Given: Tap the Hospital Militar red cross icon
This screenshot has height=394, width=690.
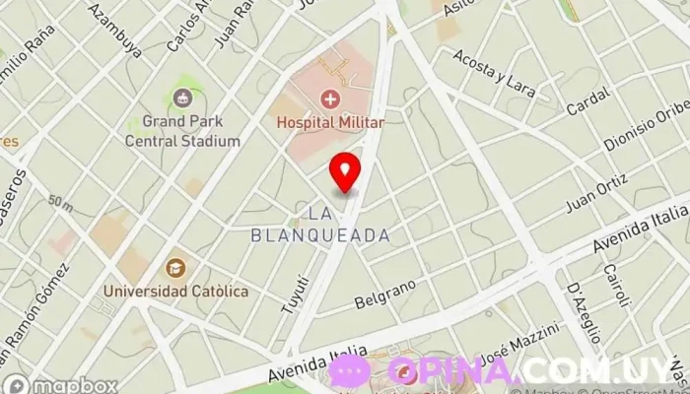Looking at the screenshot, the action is tap(329, 98).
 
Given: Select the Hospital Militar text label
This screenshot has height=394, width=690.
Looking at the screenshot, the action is tap(329, 122).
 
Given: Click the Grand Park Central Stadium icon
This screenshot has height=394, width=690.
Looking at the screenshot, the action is tap(182, 98).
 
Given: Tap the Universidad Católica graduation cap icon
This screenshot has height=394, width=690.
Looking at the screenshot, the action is tap(175, 268).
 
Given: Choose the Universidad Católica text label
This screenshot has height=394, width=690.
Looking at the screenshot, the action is tap(177, 291).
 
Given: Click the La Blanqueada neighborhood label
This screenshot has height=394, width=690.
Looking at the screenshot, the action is tap(320, 224).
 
